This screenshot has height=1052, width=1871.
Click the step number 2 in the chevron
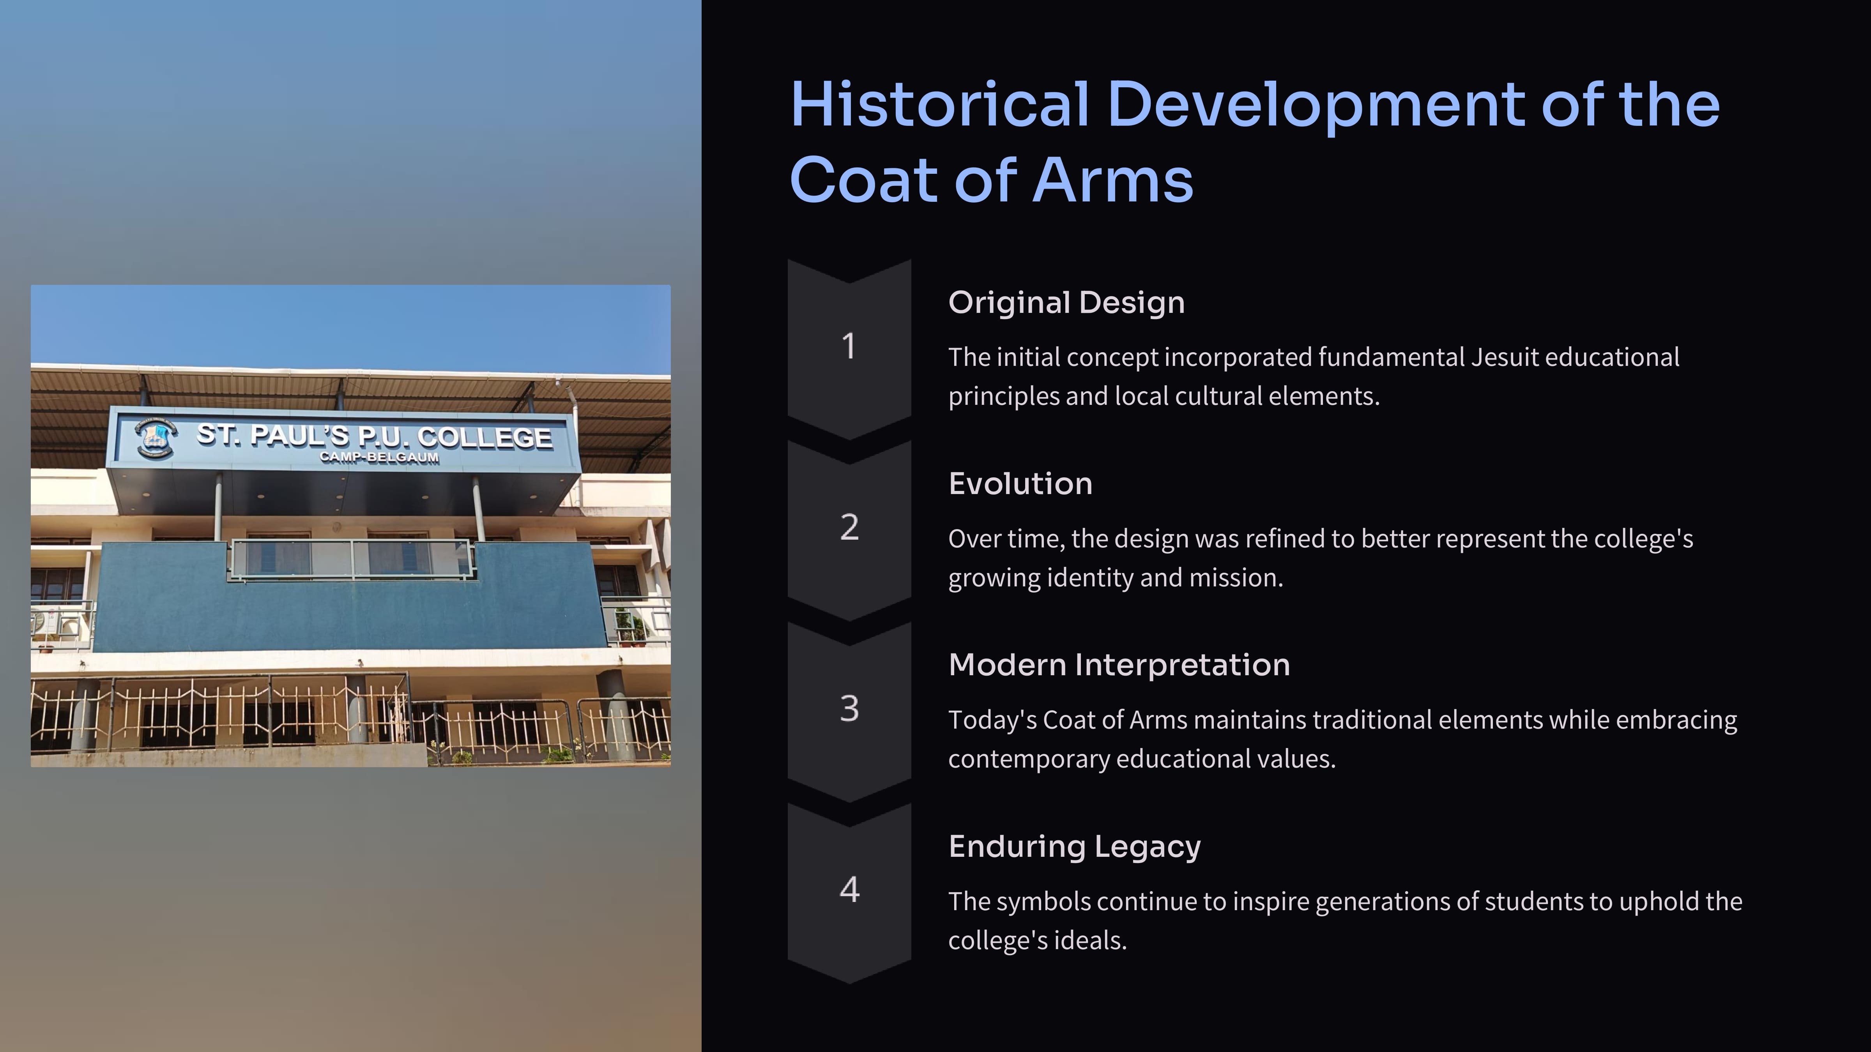[x=849, y=527]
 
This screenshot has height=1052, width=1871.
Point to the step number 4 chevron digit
[x=849, y=890]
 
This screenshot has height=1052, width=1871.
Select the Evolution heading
[x=1020, y=484]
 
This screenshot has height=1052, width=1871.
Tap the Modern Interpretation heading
[x=1119, y=665]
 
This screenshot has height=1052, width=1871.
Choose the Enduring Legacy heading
[x=1074, y=847]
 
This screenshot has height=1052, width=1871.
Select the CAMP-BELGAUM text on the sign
[x=379, y=457]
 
